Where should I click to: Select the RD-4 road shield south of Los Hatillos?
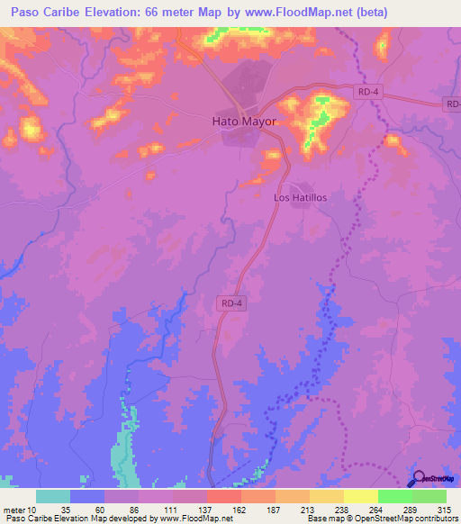pyautogui.click(x=230, y=304)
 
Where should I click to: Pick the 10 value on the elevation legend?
pyautogui.click(x=33, y=509)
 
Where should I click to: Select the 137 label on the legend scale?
pyautogui.click(x=206, y=509)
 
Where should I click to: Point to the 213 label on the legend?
pyautogui.click(x=309, y=509)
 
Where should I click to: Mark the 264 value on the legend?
pyautogui.click(x=378, y=509)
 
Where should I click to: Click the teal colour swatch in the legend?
pyautogui.click(x=52, y=496)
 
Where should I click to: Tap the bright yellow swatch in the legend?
pyautogui.click(x=360, y=496)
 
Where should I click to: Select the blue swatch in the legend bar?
pyautogui.click(x=87, y=496)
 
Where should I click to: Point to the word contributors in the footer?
pyautogui.click(x=434, y=519)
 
